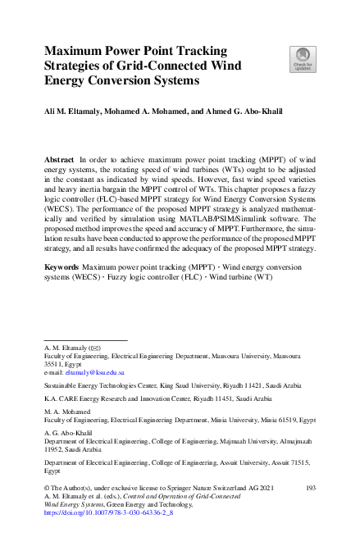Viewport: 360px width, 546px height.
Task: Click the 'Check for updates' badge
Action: tap(302, 59)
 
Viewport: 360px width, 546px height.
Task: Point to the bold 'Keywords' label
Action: tap(62, 267)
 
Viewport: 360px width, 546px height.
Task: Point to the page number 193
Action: tap(310, 487)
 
